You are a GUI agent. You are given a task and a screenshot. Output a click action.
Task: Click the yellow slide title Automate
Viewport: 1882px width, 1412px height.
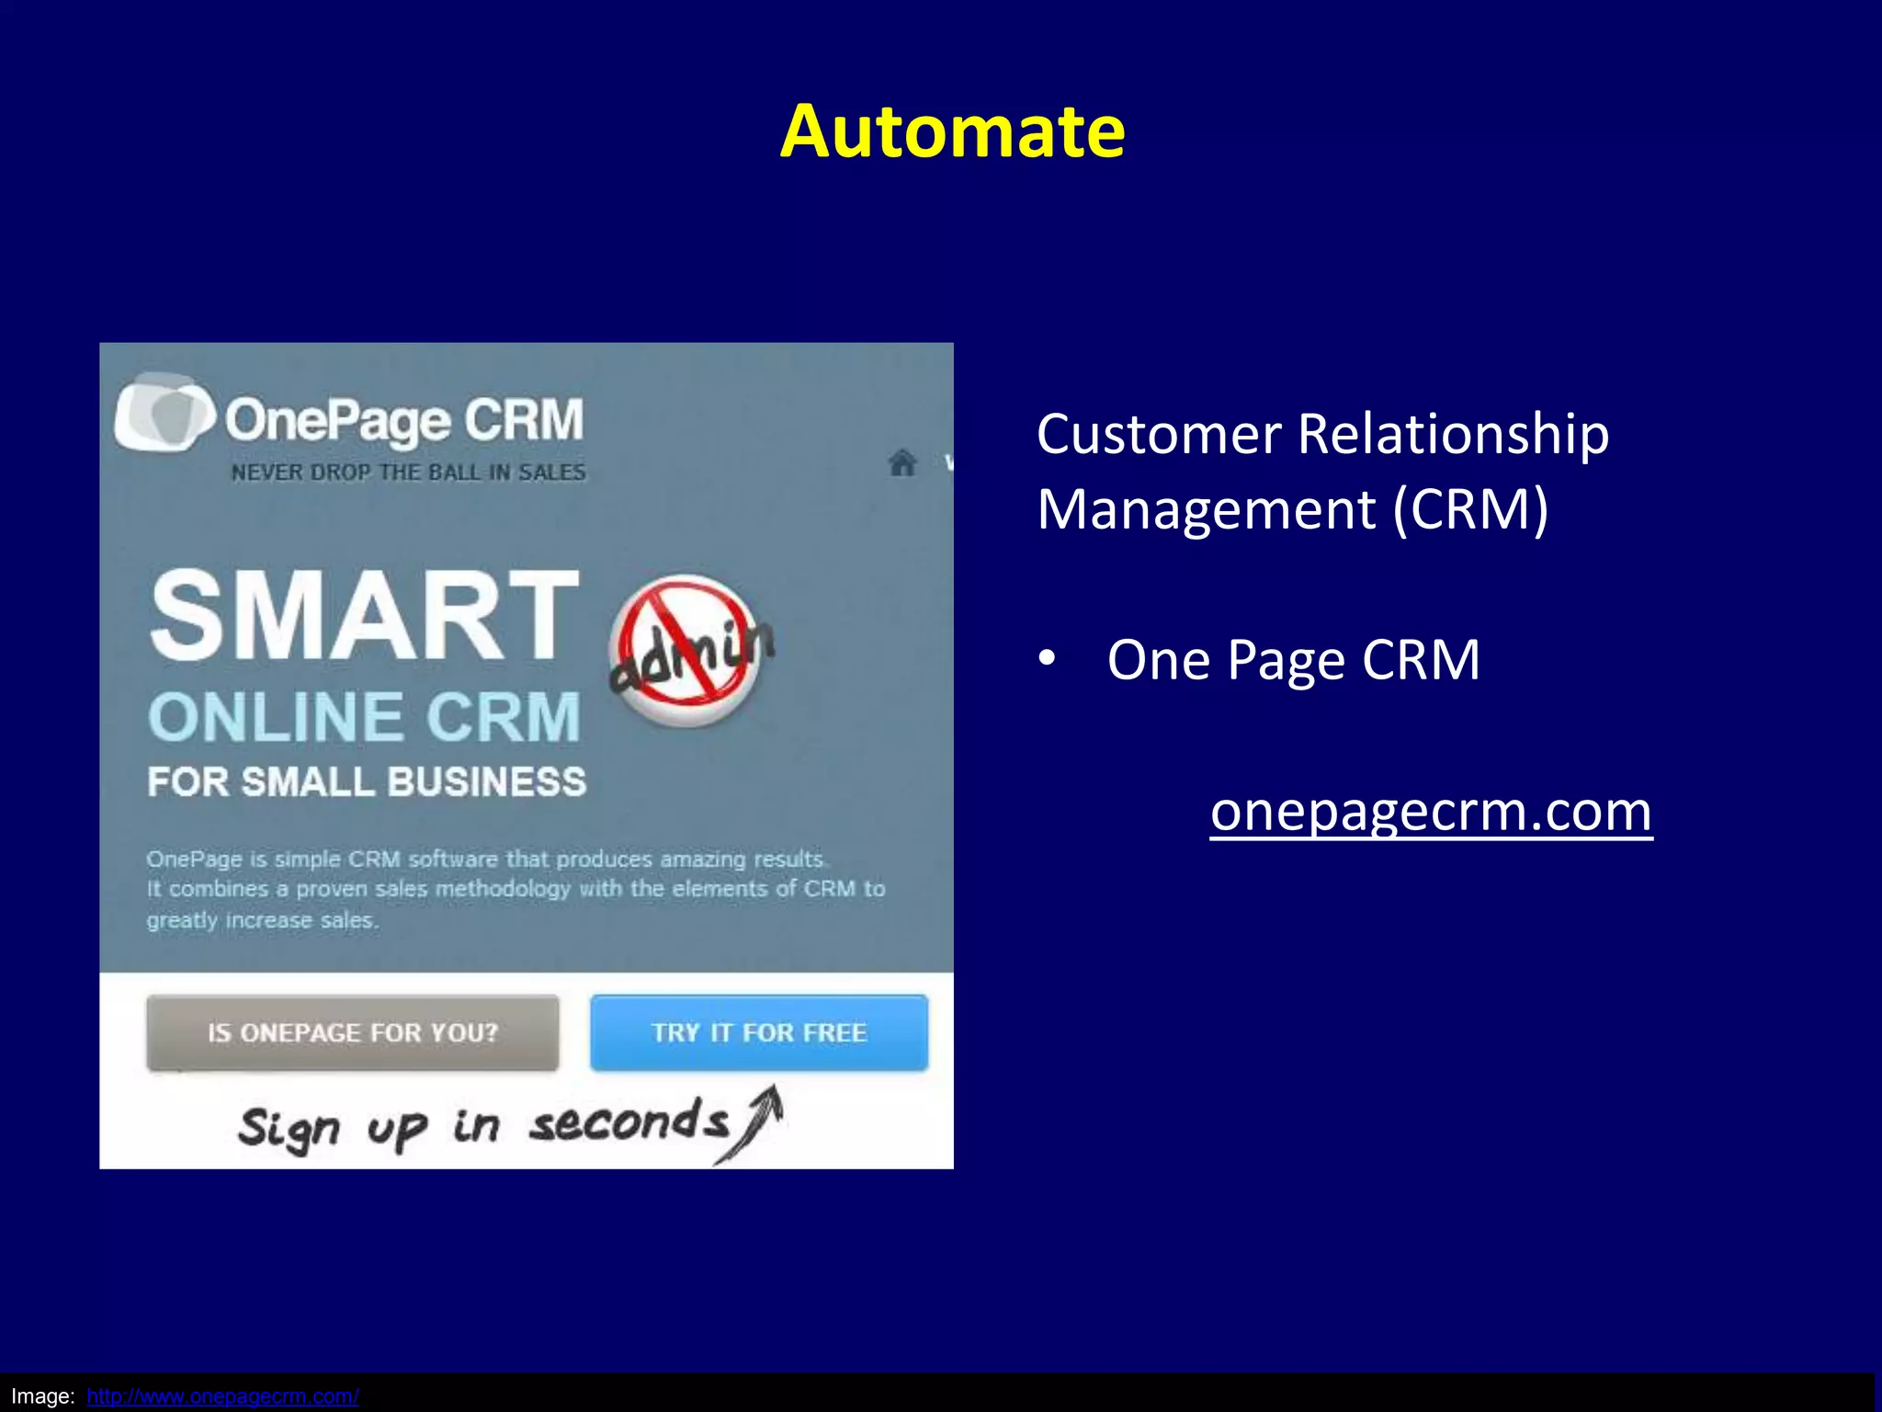coord(952,131)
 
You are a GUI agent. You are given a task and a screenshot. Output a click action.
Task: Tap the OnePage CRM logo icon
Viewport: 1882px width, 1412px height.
coord(164,413)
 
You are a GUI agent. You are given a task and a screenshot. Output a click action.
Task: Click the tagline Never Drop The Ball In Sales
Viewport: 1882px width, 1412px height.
coord(408,473)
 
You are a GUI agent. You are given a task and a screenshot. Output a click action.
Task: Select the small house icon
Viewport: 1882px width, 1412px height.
coord(902,462)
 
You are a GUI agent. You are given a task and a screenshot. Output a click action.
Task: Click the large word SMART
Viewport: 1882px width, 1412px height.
coord(365,615)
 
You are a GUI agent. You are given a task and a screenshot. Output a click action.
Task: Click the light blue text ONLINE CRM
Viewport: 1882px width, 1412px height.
coord(365,717)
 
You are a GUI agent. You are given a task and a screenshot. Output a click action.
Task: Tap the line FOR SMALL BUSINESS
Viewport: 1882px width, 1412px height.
coord(367,782)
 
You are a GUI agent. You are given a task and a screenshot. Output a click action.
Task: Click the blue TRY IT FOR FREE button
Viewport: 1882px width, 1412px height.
coord(759,1032)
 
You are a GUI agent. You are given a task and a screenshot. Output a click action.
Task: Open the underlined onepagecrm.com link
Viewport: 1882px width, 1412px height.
coord(1431,811)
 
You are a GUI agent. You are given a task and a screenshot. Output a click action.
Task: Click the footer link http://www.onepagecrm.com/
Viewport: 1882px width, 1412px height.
coord(222,1396)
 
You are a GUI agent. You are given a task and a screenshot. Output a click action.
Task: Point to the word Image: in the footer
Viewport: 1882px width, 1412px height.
coord(43,1396)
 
